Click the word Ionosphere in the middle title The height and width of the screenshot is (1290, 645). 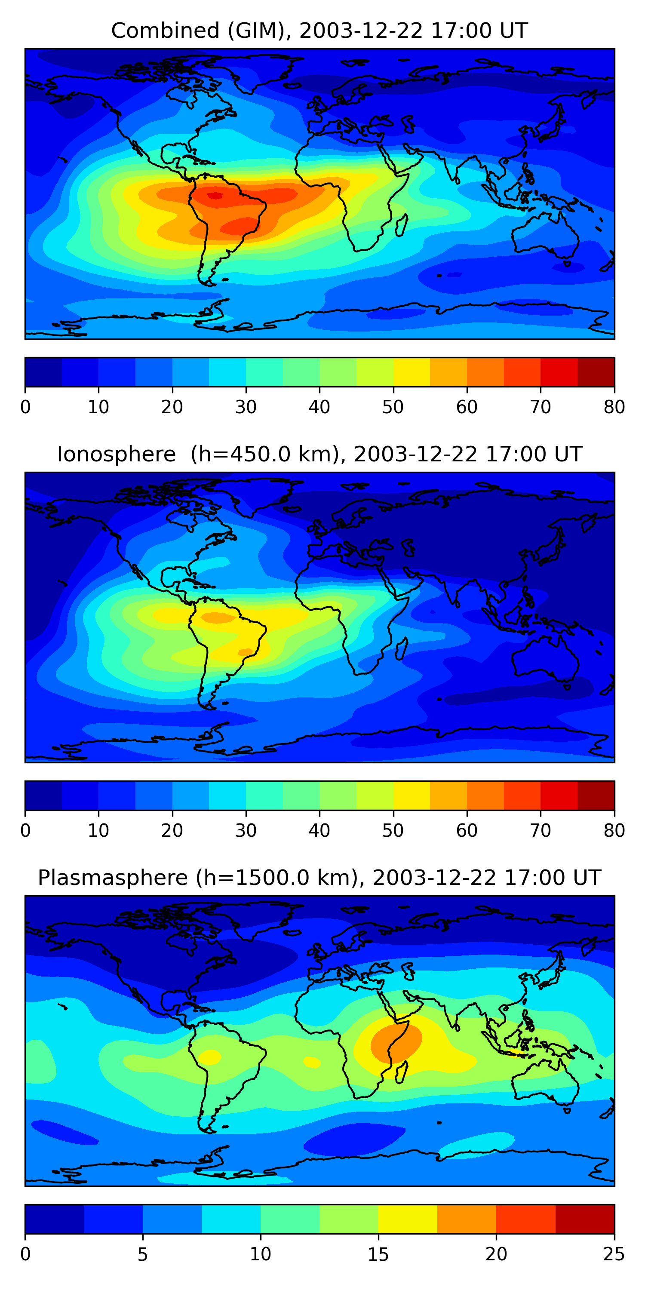pyautogui.click(x=116, y=454)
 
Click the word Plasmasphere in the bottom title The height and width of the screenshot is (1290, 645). pyautogui.click(x=112, y=878)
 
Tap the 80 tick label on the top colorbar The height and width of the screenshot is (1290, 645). pyautogui.click(x=614, y=407)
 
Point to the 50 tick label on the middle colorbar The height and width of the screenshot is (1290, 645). pyautogui.click(x=393, y=830)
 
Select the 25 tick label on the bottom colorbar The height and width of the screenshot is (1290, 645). pyautogui.click(x=614, y=1254)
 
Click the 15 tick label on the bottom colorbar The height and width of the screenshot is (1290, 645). pyautogui.click(x=378, y=1254)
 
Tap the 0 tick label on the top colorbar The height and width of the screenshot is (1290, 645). pyautogui.click(x=25, y=407)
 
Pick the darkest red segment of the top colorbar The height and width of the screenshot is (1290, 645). pyautogui.click(x=596, y=372)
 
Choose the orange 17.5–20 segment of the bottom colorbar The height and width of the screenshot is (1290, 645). pyautogui.click(x=467, y=1219)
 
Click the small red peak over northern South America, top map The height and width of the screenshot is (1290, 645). pyautogui.click(x=215, y=195)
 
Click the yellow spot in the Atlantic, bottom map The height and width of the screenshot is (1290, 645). pyautogui.click(x=312, y=1062)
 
